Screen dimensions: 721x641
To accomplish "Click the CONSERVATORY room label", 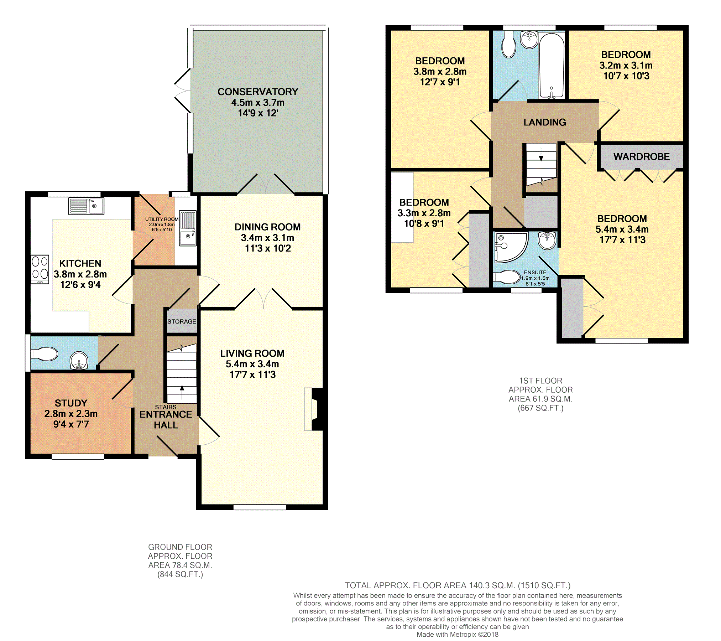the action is pyautogui.click(x=258, y=92).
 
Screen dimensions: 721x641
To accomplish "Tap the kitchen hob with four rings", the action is pyautogui.click(x=40, y=269).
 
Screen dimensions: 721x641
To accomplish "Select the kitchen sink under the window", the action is pyautogui.click(x=86, y=206).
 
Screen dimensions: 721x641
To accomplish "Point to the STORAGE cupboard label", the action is pyautogui.click(x=182, y=321).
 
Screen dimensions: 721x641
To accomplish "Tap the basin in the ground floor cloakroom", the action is pyautogui.click(x=79, y=360).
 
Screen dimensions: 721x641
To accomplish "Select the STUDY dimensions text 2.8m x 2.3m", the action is pyautogui.click(x=71, y=414).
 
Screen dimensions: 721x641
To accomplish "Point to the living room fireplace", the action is pyautogui.click(x=314, y=409).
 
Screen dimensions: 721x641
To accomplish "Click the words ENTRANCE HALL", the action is pyautogui.click(x=166, y=420).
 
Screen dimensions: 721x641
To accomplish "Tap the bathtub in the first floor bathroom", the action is pyautogui.click(x=551, y=66).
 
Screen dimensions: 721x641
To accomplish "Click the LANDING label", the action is pyautogui.click(x=545, y=122).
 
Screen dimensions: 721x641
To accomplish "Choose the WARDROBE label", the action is pyautogui.click(x=641, y=156).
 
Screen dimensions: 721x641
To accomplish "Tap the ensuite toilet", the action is pyautogui.click(x=507, y=277).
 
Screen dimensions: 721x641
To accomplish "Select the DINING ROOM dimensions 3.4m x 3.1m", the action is pyautogui.click(x=267, y=238).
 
